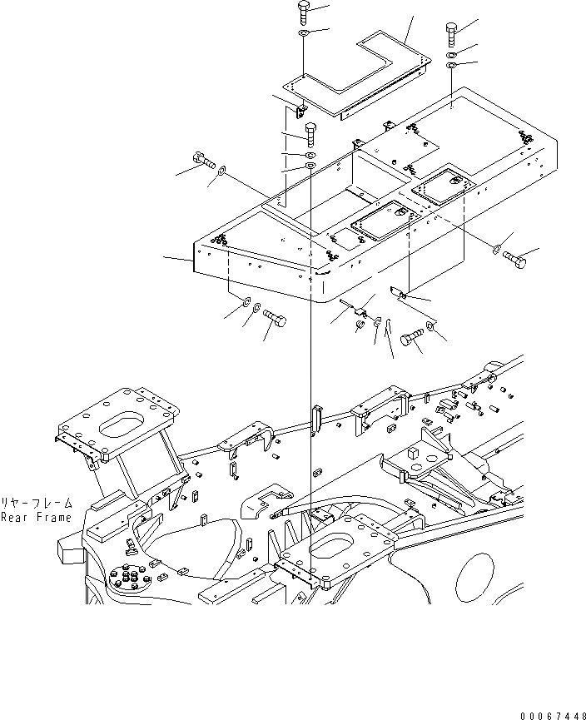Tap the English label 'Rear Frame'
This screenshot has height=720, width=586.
[36, 517]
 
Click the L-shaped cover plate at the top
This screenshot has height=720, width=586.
[358, 74]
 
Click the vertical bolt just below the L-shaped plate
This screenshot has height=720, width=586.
[310, 133]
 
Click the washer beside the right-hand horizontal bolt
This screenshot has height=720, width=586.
[496, 248]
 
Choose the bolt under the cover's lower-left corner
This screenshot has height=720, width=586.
[275, 319]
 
